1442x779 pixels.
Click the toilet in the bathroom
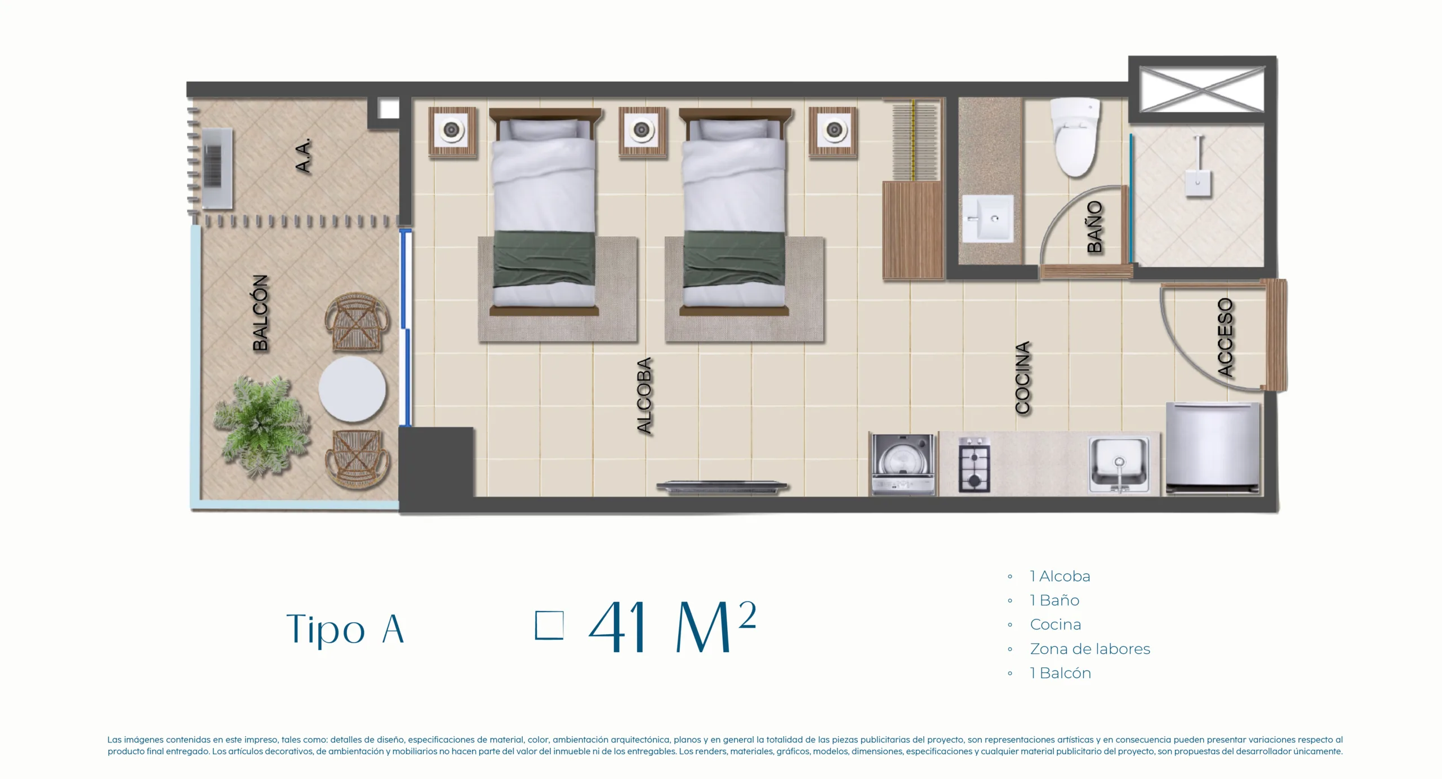point(1075,137)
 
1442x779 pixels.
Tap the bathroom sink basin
point(987,219)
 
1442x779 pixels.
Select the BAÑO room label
point(1094,227)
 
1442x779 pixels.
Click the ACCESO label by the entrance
point(1225,337)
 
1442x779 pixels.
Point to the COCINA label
point(1022,377)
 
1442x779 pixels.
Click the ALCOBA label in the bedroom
point(644,395)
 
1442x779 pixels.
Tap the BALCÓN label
point(260,313)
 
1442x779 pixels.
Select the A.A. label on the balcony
point(303,156)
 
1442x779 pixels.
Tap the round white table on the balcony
point(352,388)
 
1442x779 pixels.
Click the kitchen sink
point(1119,465)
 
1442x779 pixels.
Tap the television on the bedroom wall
point(722,487)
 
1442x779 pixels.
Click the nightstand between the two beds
point(642,131)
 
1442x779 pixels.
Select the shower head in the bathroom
point(1198,167)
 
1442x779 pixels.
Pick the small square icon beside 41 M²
point(549,626)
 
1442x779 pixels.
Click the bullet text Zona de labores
point(1090,649)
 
